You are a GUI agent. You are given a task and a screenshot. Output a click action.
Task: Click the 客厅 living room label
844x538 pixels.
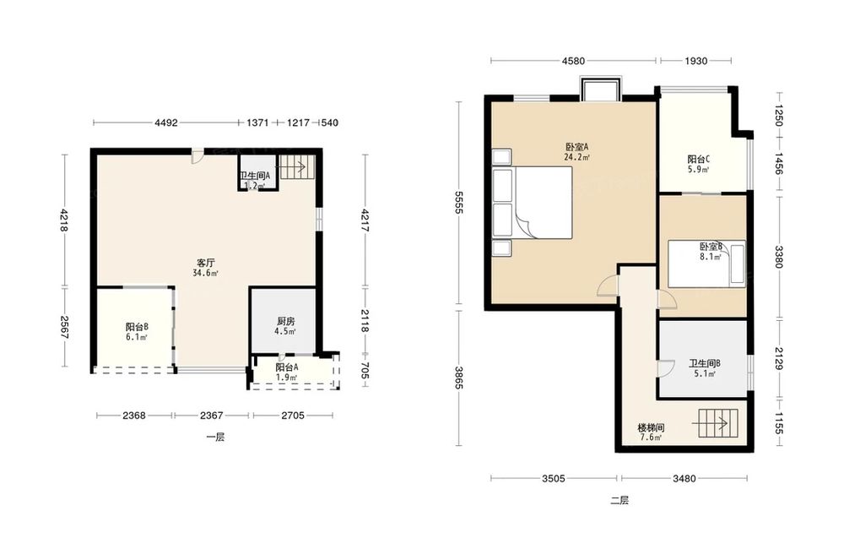[x=206, y=264]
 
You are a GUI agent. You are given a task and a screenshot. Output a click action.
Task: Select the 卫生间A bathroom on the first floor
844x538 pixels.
[x=257, y=172]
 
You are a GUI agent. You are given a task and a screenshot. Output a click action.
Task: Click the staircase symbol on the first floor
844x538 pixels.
[x=295, y=167]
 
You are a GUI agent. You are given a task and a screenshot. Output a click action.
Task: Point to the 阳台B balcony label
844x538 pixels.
[x=137, y=327]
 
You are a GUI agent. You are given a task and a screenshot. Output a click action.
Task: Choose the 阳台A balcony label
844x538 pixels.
[x=287, y=367]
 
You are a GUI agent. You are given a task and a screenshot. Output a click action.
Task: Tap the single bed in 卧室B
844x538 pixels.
[x=706, y=264]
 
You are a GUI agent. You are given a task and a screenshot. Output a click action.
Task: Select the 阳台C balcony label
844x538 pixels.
[x=698, y=160]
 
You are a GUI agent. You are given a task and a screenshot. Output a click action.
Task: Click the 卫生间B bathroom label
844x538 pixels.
[x=704, y=363]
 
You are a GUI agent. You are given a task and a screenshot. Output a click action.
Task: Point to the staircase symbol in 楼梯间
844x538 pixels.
[x=718, y=423]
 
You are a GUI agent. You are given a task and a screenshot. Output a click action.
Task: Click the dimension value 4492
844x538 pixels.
[x=165, y=122]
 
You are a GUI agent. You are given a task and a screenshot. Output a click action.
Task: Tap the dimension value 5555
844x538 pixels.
[x=458, y=202]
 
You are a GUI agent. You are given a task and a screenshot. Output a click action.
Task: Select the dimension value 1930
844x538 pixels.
[x=695, y=61]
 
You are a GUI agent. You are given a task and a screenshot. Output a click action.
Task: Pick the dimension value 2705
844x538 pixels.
[x=293, y=416]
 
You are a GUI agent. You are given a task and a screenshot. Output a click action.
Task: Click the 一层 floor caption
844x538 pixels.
[x=215, y=437]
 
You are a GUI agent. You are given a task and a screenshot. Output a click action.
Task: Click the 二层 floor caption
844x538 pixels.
[x=619, y=500]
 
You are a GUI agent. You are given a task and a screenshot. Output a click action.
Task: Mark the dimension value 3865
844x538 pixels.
[x=458, y=378]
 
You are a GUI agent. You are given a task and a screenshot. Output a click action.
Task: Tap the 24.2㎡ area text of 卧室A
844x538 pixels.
[x=576, y=158]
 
